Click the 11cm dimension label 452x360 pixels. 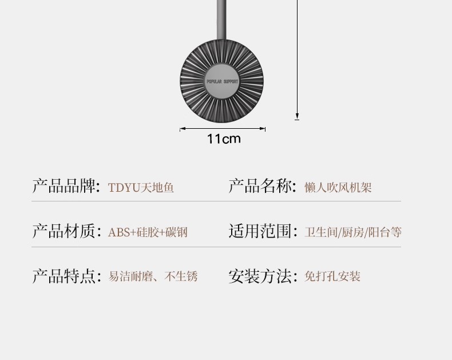coord(224,139)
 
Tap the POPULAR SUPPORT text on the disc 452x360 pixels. coord(222,82)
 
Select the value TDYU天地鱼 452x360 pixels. coord(141,188)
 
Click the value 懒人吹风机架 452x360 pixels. coord(338,188)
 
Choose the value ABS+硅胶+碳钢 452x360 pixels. coord(148,232)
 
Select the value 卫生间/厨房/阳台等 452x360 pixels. coord(353,232)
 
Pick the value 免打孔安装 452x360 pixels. coord(332,277)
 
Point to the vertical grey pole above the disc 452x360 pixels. coord(222,17)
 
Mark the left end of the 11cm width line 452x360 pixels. coord(180,129)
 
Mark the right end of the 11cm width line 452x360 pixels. coord(265,129)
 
